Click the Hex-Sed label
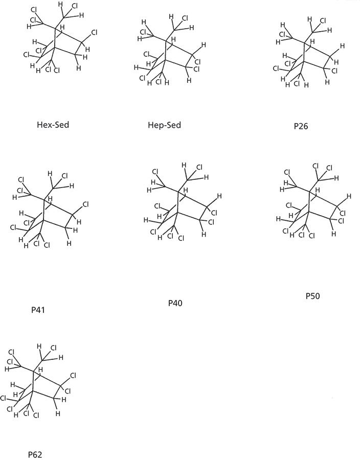coord(53,124)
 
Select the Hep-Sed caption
coord(164,125)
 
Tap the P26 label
coord(302,126)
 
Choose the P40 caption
coord(175,303)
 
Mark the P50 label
coord(312,296)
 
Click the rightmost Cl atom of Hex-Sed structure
coord(94,33)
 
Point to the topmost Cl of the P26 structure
coord(323,21)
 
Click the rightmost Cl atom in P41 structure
coord(85,205)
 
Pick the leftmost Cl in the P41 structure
coord(13,227)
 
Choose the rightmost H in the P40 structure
coord(219,196)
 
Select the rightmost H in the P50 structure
coord(349,196)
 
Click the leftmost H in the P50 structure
coord(278,219)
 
